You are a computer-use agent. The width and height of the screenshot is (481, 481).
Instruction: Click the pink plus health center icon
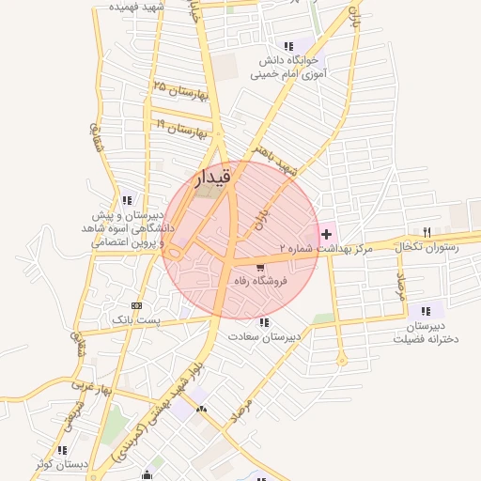pyautogui.click(x=327, y=233)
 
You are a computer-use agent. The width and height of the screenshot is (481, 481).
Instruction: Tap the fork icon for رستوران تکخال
pyautogui.click(x=427, y=232)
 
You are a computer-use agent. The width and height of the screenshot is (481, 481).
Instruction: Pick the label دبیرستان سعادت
pyautogui.click(x=266, y=335)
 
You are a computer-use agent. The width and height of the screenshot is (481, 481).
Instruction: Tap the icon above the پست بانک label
pyautogui.click(x=138, y=306)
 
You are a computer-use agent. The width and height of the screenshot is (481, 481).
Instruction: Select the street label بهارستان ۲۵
pyautogui.click(x=178, y=92)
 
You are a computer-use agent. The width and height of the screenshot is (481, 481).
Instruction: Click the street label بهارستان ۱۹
pyautogui.click(x=180, y=127)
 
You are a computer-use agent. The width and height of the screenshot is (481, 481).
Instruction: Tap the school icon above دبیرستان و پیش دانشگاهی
pyautogui.click(x=127, y=199)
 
